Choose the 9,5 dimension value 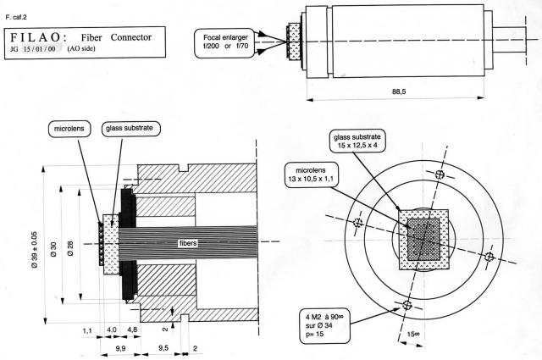163,346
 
